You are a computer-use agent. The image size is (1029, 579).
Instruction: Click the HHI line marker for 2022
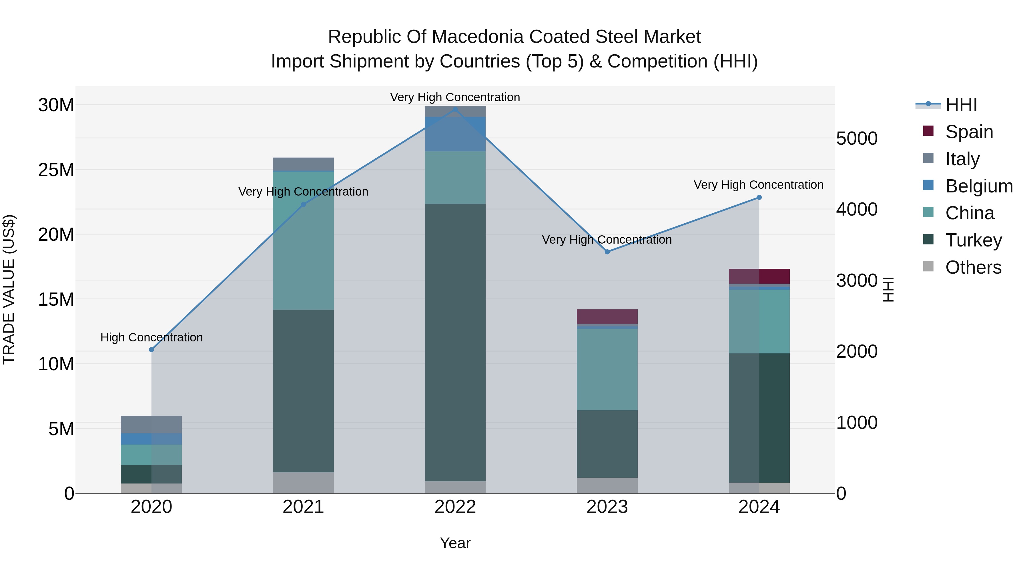point(455,109)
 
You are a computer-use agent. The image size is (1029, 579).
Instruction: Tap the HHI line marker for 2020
point(151,350)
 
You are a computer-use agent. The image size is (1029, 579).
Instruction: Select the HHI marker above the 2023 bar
point(607,252)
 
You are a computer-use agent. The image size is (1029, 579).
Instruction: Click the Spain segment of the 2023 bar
point(607,317)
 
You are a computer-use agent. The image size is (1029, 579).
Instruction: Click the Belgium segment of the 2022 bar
point(455,134)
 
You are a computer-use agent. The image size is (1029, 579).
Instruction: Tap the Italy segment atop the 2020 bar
point(151,424)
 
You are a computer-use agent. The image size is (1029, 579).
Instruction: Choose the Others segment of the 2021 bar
point(303,482)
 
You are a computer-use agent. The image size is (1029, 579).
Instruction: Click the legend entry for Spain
point(969,132)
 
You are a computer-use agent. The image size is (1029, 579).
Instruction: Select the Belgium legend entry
point(979,186)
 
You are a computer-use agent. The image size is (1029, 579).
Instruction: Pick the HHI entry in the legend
point(961,104)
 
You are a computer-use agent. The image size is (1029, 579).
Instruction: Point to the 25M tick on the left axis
point(56,170)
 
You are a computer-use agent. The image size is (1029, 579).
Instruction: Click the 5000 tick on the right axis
point(857,139)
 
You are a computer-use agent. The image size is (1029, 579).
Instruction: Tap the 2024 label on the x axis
point(759,507)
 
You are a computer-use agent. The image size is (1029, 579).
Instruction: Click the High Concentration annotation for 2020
point(151,337)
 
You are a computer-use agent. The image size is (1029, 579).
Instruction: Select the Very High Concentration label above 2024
point(759,185)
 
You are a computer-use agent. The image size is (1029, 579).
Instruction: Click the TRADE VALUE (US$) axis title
point(9,289)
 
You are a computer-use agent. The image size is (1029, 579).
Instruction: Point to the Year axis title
point(455,543)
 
